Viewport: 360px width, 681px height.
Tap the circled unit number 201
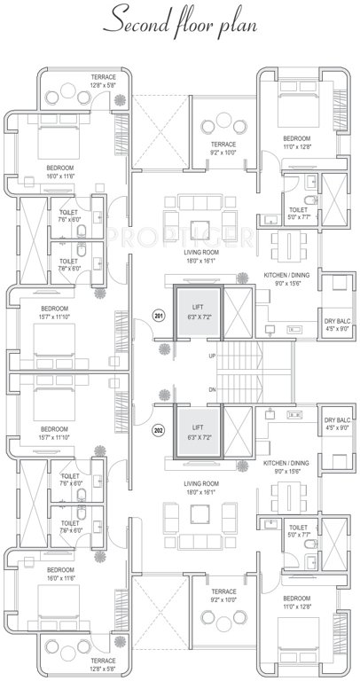pyautogui.click(x=160, y=316)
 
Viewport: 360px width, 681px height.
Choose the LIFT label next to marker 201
pyautogui.click(x=198, y=309)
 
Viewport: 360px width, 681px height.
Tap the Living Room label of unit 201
pyautogui.click(x=200, y=257)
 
